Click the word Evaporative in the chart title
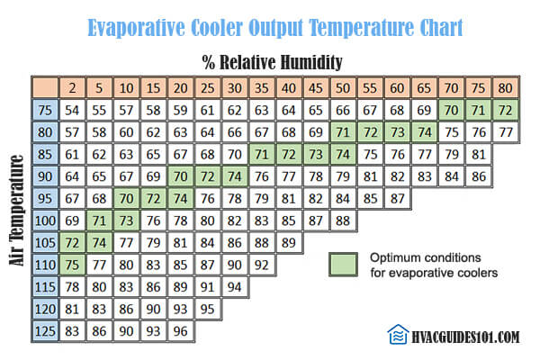(136, 28)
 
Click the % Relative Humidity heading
(272, 62)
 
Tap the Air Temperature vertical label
(16, 210)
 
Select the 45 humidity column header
(316, 88)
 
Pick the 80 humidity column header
(505, 88)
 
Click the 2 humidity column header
(72, 88)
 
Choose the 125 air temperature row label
(45, 331)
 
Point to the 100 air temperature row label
(45, 220)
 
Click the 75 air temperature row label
(45, 110)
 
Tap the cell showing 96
(181, 331)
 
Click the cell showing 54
(72, 110)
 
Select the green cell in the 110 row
(72, 265)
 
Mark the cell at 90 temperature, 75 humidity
(479, 176)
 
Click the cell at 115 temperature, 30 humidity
(235, 287)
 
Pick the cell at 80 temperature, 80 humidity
(505, 132)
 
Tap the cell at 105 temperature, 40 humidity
(289, 243)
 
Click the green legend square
(343, 265)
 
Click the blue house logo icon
(398, 334)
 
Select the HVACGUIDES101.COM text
(465, 337)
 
